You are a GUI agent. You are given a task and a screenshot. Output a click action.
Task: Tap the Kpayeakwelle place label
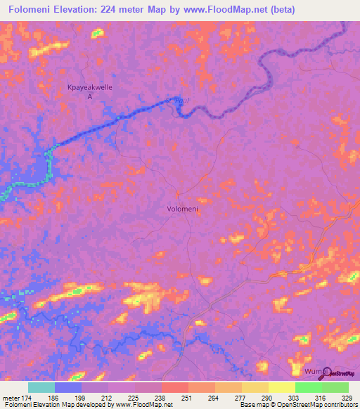click(x=89, y=87)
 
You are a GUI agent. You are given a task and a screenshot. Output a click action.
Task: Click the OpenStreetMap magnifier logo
click(x=324, y=371)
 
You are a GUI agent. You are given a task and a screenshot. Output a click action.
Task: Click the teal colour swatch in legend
click(x=41, y=387)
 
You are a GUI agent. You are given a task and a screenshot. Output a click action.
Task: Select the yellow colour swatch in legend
click(x=282, y=387)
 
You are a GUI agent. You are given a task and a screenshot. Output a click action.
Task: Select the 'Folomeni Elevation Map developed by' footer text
click(x=56, y=404)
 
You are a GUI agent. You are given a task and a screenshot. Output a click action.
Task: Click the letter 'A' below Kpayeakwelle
click(x=89, y=96)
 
